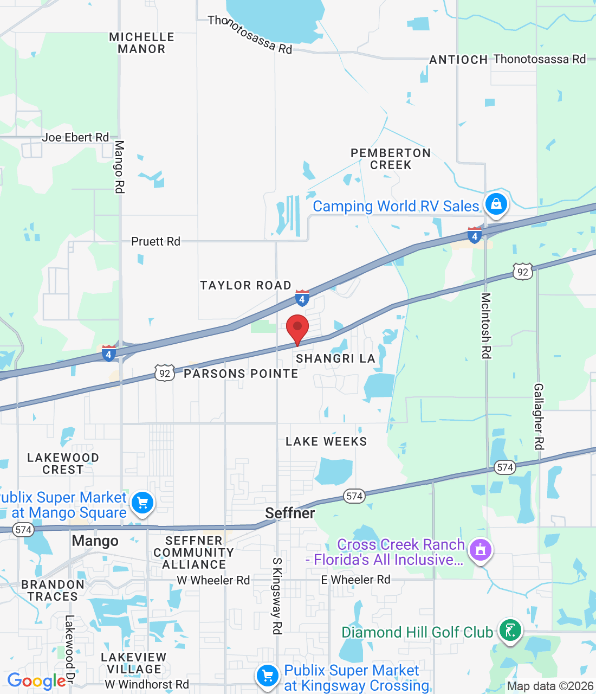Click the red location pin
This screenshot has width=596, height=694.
(x=297, y=327)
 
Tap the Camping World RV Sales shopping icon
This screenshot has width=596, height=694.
(x=496, y=204)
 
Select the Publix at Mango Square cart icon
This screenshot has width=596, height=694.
(x=142, y=503)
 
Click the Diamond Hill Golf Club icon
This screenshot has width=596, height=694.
(x=510, y=631)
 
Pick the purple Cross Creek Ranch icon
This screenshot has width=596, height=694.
(x=480, y=550)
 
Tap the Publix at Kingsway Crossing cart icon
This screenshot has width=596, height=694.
(x=267, y=676)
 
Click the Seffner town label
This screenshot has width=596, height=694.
(x=290, y=513)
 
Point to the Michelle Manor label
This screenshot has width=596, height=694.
(x=141, y=43)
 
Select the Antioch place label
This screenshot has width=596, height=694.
(x=458, y=60)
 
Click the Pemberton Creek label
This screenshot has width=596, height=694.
(x=391, y=159)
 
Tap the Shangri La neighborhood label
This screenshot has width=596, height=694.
(x=335, y=358)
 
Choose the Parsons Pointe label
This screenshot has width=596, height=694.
(x=241, y=374)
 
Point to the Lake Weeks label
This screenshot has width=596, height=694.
(x=326, y=441)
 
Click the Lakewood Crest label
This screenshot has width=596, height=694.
(x=63, y=464)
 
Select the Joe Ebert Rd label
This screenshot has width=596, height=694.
(x=75, y=137)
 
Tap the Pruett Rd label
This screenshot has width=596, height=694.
(x=156, y=241)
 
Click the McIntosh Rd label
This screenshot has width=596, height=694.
(x=486, y=325)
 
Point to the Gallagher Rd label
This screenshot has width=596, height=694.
(x=539, y=416)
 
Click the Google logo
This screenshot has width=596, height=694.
(x=36, y=681)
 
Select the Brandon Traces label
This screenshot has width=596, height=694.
(x=53, y=590)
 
